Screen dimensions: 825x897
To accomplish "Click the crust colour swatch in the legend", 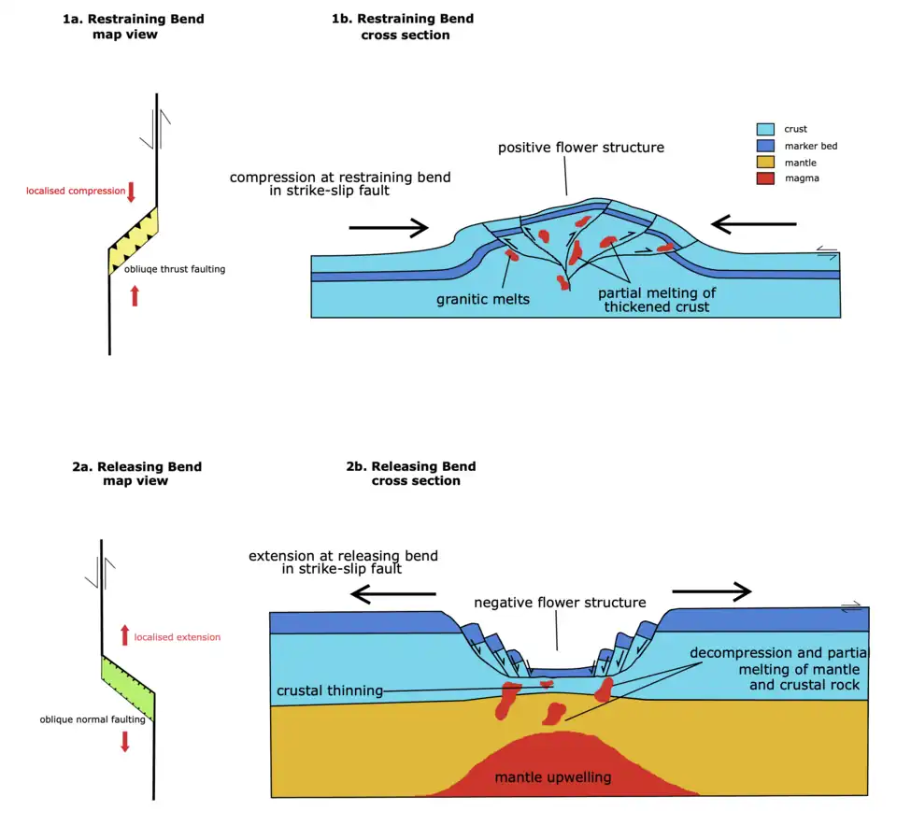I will click(x=764, y=130).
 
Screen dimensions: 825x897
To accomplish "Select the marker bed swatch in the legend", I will click(x=764, y=146).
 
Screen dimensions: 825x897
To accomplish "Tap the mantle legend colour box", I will click(x=764, y=163).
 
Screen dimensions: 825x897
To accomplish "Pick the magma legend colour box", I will click(x=764, y=178).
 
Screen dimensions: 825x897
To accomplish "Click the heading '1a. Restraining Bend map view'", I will click(x=133, y=27).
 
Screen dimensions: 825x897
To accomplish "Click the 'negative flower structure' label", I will click(x=560, y=603).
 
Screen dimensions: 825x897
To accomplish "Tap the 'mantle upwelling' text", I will click(x=553, y=776).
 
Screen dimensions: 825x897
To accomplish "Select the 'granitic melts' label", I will click(x=482, y=300).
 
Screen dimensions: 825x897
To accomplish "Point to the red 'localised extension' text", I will click(x=178, y=637).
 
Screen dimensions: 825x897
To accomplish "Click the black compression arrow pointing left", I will click(x=753, y=225).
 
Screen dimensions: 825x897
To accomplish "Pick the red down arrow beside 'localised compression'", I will click(x=132, y=192).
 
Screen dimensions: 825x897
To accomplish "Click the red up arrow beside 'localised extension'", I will click(x=124, y=635).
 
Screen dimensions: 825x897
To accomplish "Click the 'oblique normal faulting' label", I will click(x=93, y=719).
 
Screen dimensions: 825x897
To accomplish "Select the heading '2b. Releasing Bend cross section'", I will click(x=416, y=474).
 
